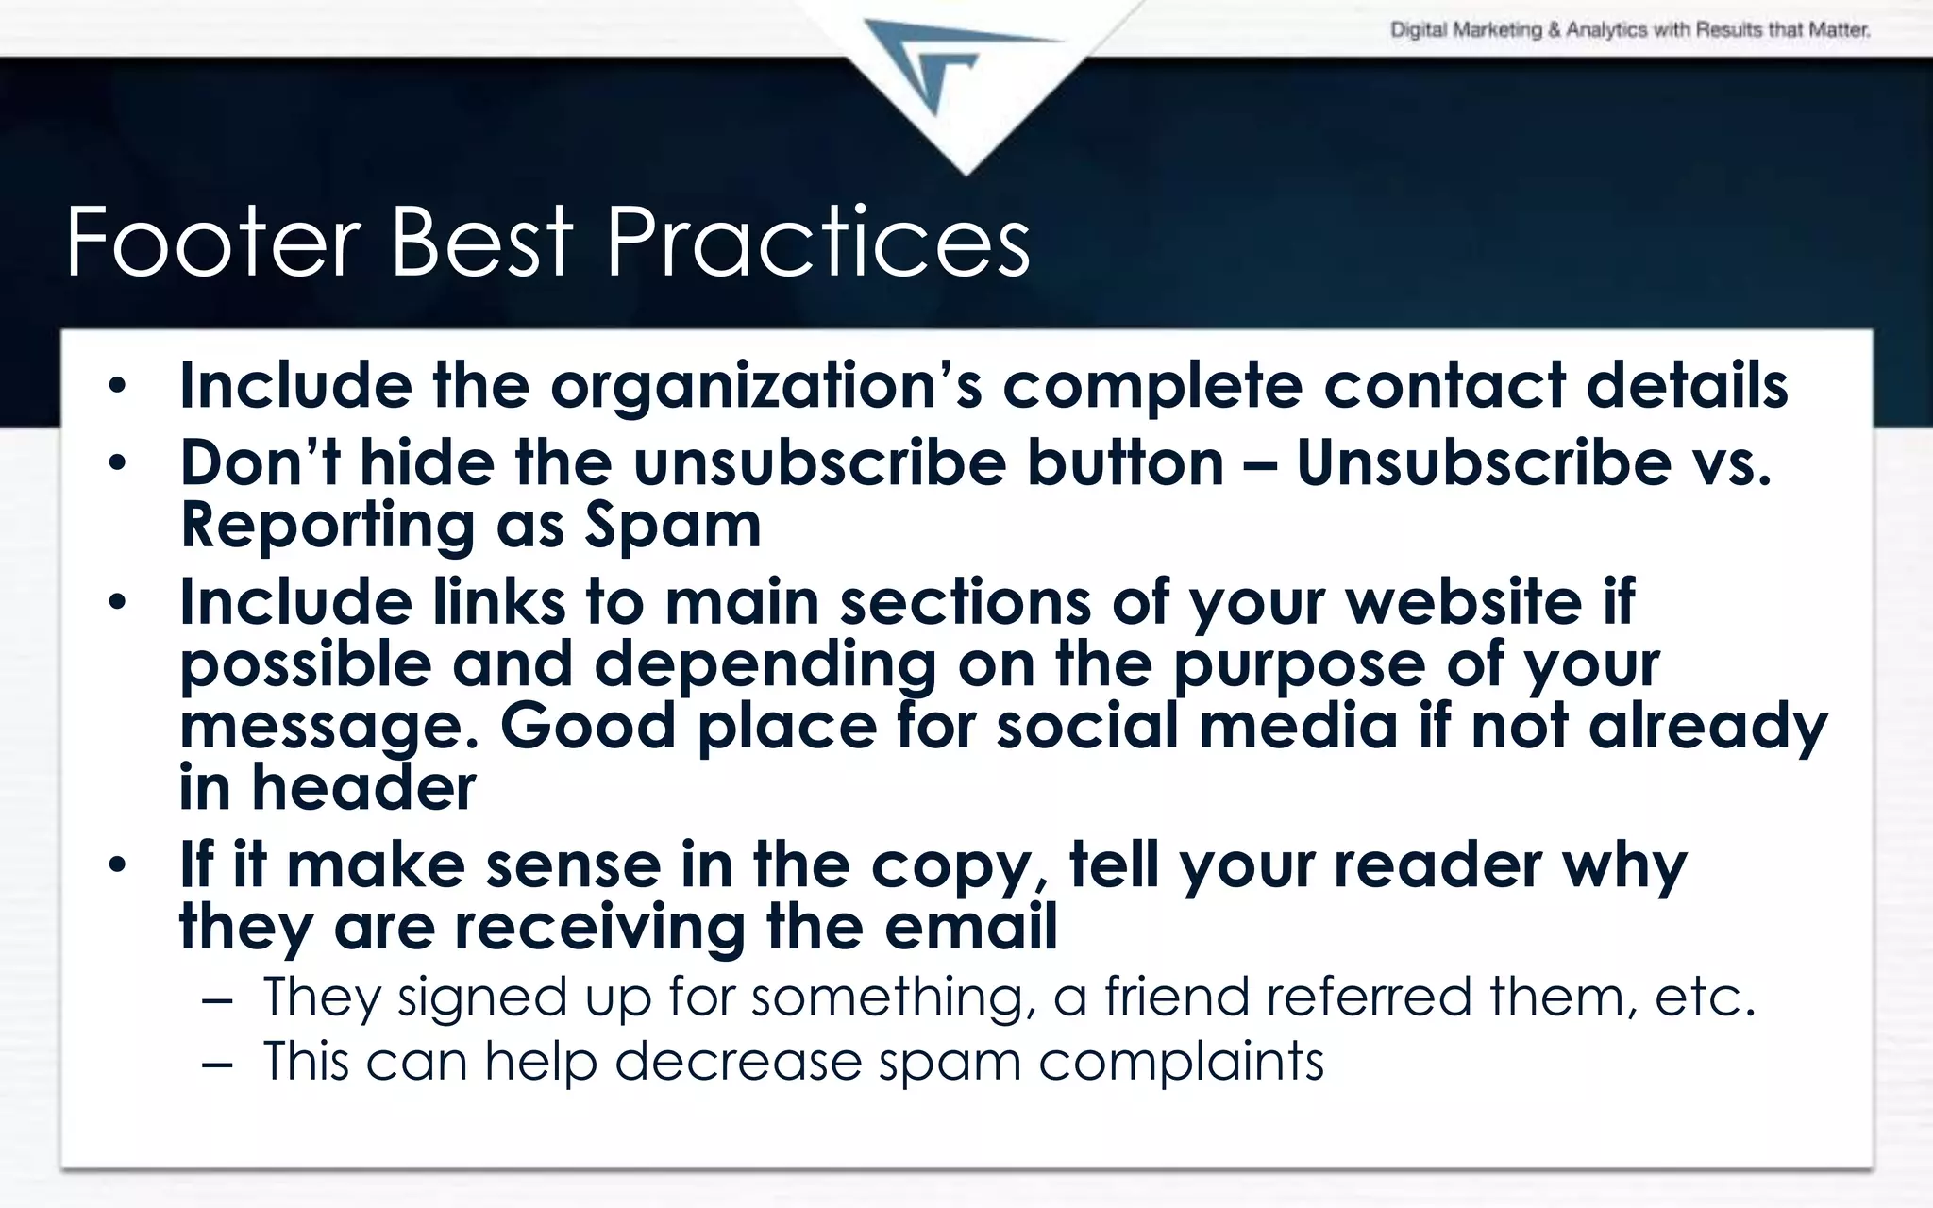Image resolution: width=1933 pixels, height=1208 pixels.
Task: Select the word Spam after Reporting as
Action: pyautogui.click(x=673, y=525)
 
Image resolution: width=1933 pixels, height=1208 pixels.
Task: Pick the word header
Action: pyautogui.click(x=363, y=787)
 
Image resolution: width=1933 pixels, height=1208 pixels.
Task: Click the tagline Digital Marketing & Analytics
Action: pyautogui.click(x=1629, y=30)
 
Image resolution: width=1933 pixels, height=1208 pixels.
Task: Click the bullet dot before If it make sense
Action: pyautogui.click(x=116, y=865)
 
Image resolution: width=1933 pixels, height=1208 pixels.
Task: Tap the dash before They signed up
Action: pyautogui.click(x=216, y=998)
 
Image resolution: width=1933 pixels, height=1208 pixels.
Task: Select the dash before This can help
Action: pyautogui.click(x=216, y=1063)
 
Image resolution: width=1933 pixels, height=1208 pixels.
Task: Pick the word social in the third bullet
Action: pyautogui.click(x=1088, y=727)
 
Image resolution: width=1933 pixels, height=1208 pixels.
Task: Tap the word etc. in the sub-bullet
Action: pyautogui.click(x=1705, y=997)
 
